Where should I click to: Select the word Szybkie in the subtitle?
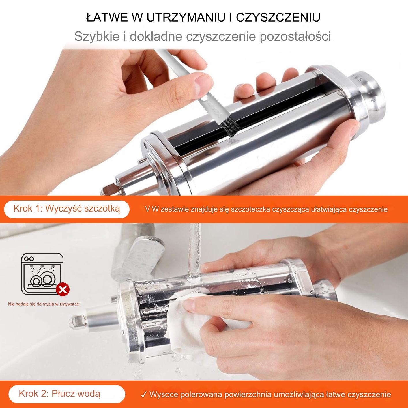coord(97,36)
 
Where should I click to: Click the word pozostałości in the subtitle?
coord(295,36)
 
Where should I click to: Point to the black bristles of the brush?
coord(228,128)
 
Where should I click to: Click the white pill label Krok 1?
coord(66,209)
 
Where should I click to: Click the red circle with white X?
coord(63,289)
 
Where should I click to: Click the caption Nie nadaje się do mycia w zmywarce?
coord(43,304)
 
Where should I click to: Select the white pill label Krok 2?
coord(66,388)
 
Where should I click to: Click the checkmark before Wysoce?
coord(144,388)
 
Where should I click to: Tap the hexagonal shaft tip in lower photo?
coord(78,321)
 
